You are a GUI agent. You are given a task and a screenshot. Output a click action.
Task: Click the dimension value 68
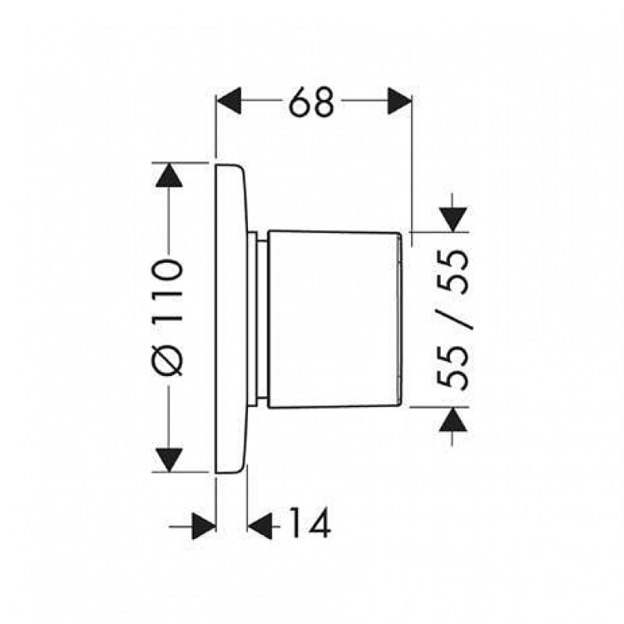point(311,101)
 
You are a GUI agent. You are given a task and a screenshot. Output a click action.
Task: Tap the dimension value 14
point(310,522)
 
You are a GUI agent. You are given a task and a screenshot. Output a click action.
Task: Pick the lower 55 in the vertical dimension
point(452,367)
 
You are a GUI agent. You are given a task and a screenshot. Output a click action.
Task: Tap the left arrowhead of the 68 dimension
point(229,101)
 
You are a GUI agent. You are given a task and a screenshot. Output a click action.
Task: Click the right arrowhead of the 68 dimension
point(399,101)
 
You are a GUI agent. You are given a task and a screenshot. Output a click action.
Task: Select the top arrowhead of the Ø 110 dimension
point(169,175)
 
